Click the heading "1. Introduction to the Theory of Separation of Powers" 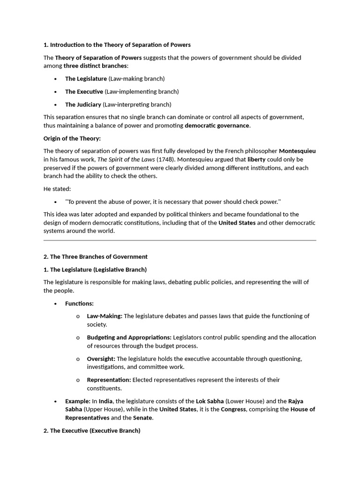117,45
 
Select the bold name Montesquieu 297,151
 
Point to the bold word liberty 256,159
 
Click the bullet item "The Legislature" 86,79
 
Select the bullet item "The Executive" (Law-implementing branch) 84,91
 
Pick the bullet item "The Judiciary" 83,105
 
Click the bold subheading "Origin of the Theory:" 72,138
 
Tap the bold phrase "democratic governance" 217,126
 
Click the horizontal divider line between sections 180,240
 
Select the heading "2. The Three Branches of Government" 96,257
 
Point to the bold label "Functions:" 79,304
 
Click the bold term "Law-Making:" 105,316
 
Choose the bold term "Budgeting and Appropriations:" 129,337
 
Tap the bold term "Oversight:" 101,359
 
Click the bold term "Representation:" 109,380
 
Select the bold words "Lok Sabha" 210,401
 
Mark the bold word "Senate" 142,418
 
